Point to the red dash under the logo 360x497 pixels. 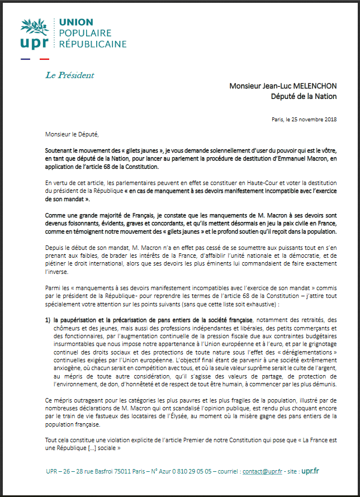tap(45, 59)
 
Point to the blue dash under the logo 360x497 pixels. tap(26, 59)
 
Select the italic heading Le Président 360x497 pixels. tap(70, 75)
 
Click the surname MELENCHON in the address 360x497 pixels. tap(314, 86)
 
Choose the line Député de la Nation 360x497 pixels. tap(304, 96)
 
